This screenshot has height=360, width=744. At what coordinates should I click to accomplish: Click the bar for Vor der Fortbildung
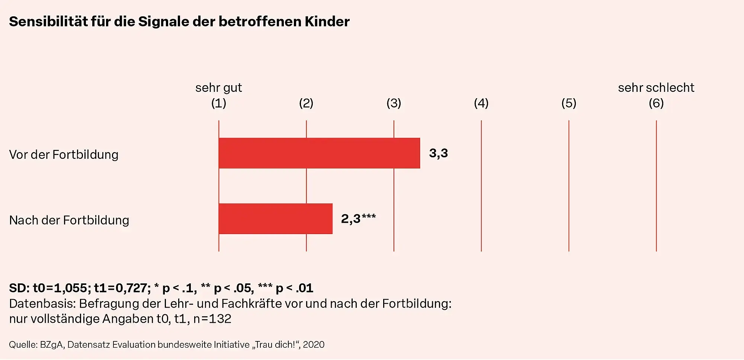pyautogui.click(x=319, y=153)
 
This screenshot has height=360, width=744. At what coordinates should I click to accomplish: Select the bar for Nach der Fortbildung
pyautogui.click(x=275, y=219)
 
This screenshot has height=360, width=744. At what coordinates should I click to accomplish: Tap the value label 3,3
pyautogui.click(x=438, y=153)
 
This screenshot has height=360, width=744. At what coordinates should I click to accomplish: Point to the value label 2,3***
pyautogui.click(x=358, y=219)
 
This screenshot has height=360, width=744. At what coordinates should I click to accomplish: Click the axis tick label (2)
pyautogui.click(x=306, y=103)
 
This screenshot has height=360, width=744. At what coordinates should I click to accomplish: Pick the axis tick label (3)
pyautogui.click(x=394, y=103)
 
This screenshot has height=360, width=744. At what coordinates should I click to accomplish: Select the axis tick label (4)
pyautogui.click(x=481, y=103)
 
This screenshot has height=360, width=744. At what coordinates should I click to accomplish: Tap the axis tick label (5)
pyautogui.click(x=568, y=103)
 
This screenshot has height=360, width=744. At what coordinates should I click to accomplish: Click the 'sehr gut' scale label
pyautogui.click(x=218, y=88)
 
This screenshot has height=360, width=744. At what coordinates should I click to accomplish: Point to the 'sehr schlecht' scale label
pyautogui.click(x=656, y=88)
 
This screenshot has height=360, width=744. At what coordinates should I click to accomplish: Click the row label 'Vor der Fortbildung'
pyautogui.click(x=64, y=155)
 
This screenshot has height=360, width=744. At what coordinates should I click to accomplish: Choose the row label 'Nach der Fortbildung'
pyautogui.click(x=69, y=220)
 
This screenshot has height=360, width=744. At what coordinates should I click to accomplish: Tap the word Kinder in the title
pyautogui.click(x=327, y=22)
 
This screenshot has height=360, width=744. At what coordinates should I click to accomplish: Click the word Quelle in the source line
pyautogui.click(x=23, y=345)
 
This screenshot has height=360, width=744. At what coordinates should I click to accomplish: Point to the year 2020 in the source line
pyautogui.click(x=314, y=345)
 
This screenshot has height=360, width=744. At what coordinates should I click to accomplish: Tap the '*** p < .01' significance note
pyautogui.click(x=285, y=288)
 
